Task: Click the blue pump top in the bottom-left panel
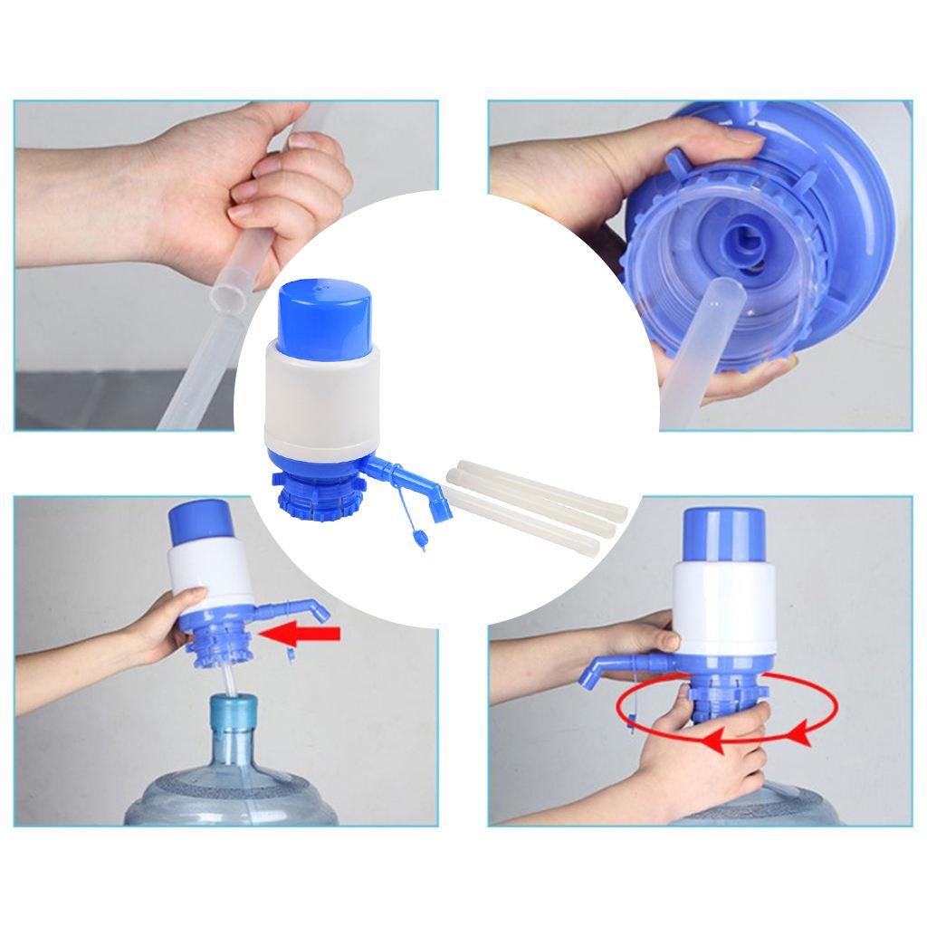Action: [x=199, y=520]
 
